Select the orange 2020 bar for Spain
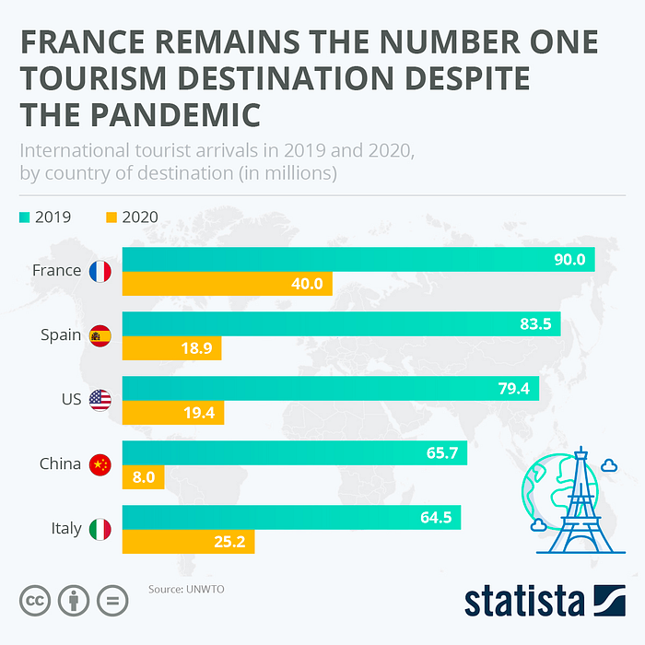171,348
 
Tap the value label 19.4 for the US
198,413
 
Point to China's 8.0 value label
144,477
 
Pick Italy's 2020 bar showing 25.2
188,542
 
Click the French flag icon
100,271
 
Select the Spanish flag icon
100,335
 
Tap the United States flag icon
100,400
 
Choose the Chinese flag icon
100,464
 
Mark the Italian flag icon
100,529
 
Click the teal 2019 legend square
24,217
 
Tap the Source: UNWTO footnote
186,588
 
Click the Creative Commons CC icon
33,601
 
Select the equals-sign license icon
112,601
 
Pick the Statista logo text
523,600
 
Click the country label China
61,464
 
